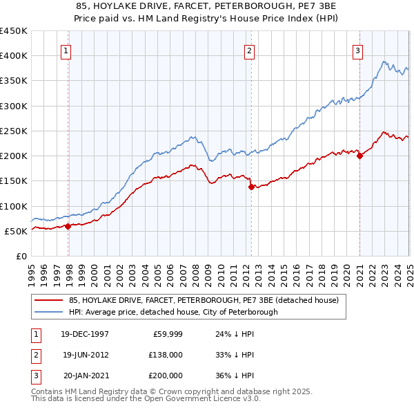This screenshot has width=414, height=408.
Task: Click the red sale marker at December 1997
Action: click(x=68, y=225)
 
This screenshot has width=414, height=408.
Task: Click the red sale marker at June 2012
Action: click(x=251, y=187)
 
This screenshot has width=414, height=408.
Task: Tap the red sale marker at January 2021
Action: click(x=359, y=156)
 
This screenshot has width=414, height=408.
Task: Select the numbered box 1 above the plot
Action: click(x=65, y=50)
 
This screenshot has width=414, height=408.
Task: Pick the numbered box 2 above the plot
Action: click(x=248, y=50)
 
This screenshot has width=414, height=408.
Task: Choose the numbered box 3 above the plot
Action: click(x=358, y=50)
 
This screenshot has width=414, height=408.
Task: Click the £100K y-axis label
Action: click(x=14, y=206)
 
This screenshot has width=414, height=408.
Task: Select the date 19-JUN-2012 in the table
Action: click(x=85, y=355)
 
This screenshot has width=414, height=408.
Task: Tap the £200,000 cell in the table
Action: click(x=165, y=375)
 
